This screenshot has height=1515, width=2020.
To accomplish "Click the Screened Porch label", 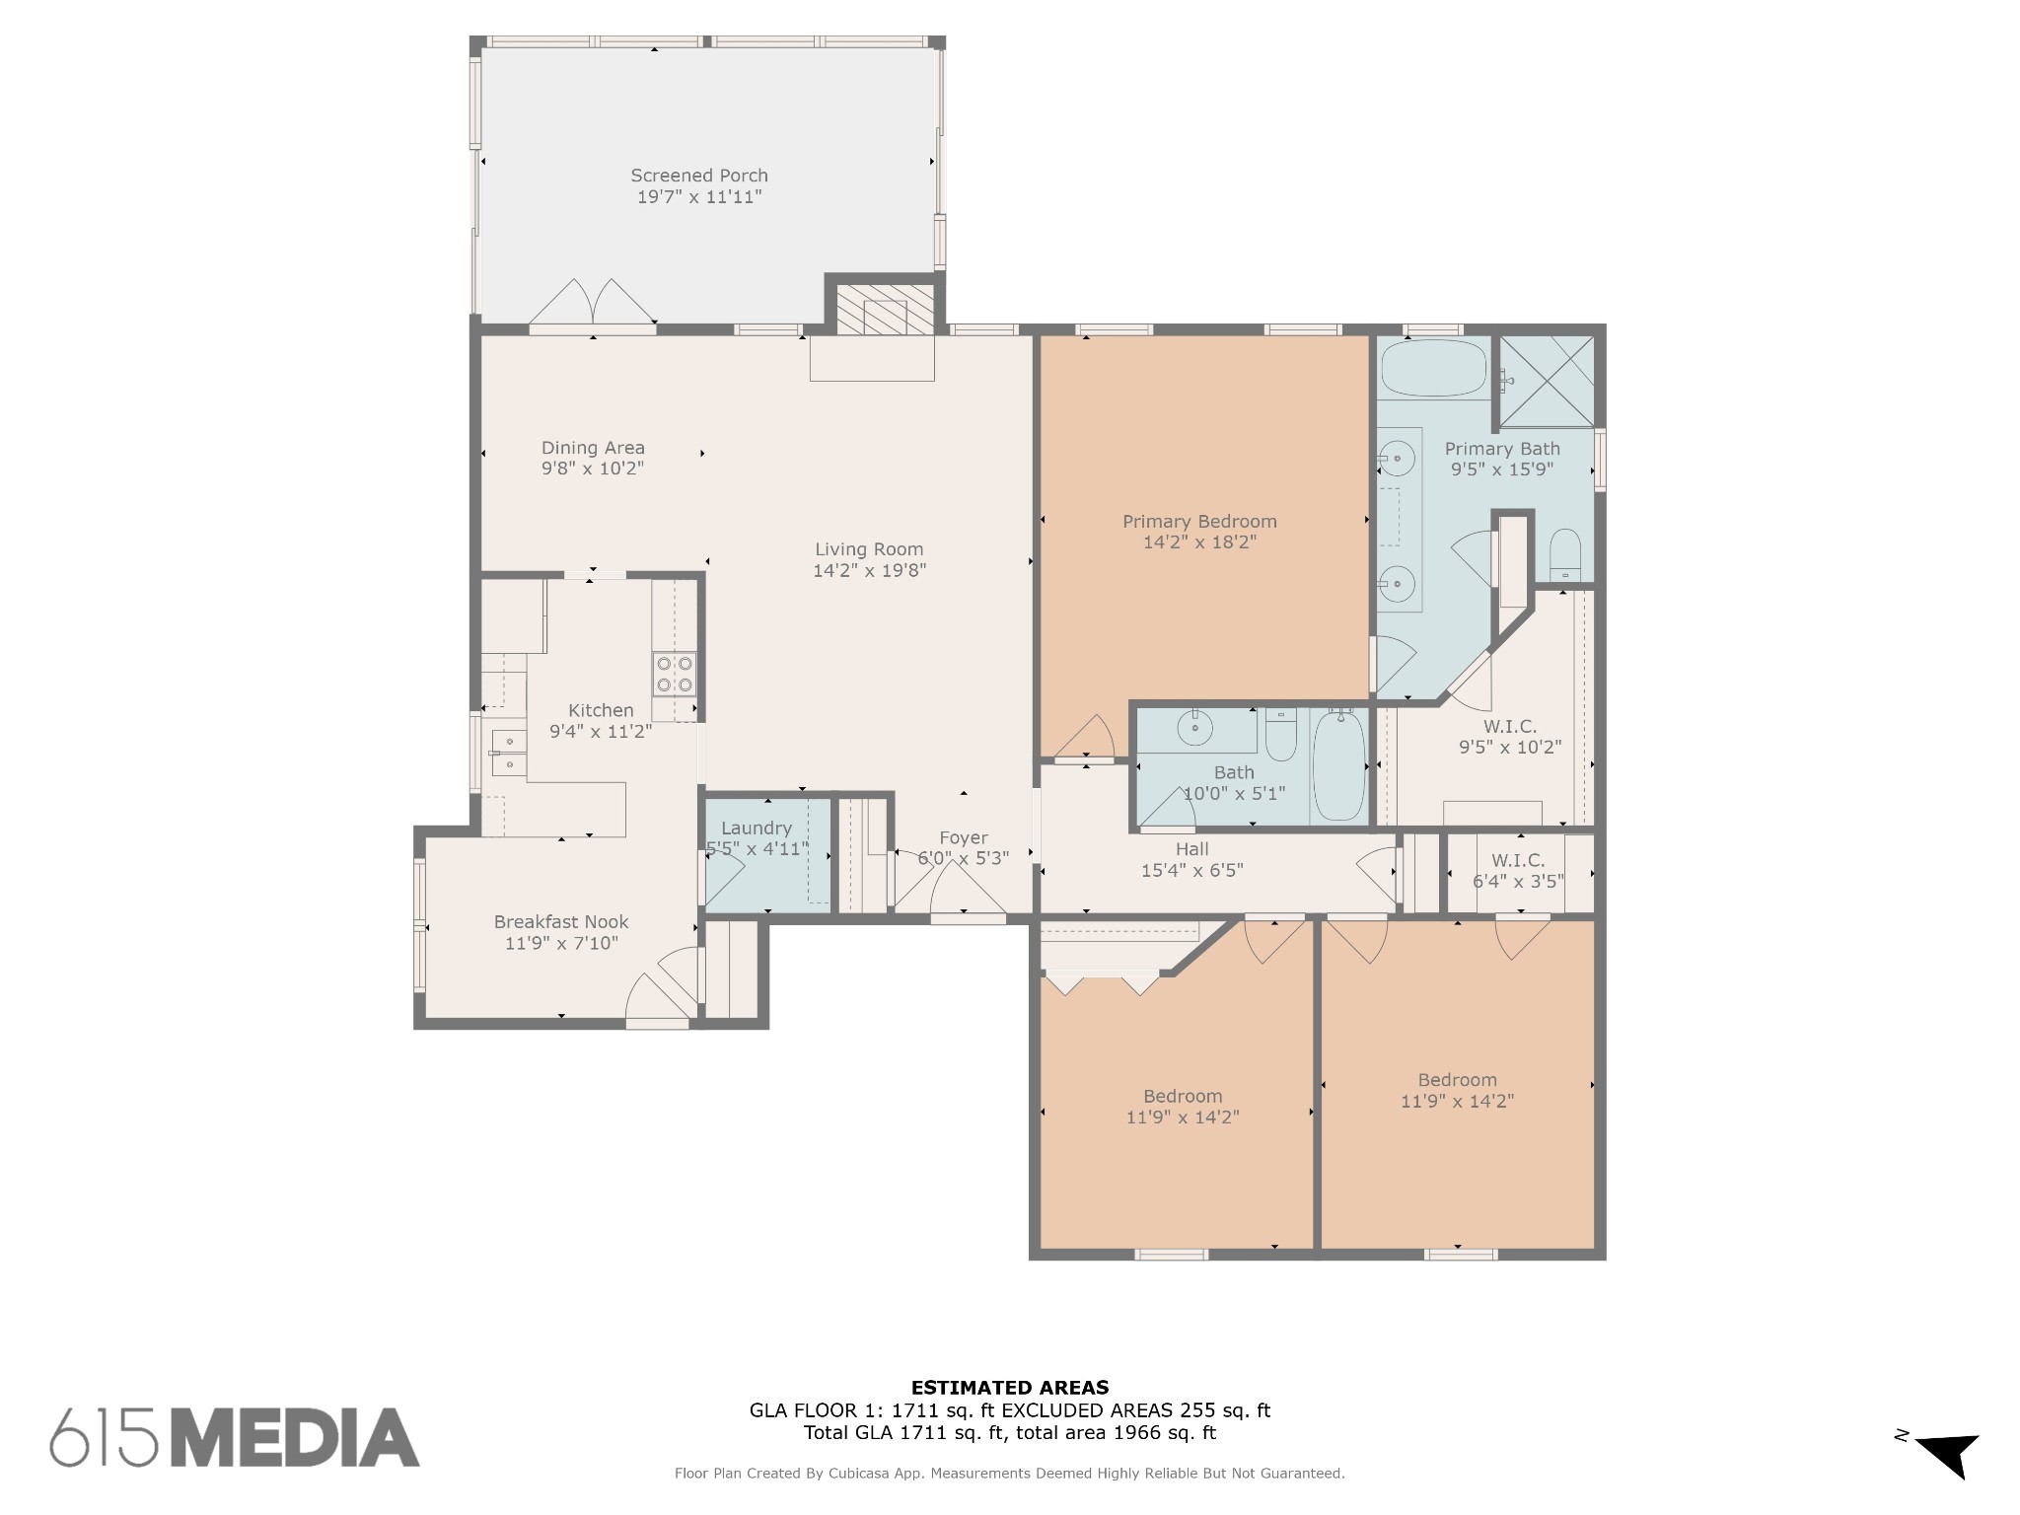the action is pos(699,176).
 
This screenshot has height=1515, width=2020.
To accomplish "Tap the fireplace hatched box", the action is pos(885,310).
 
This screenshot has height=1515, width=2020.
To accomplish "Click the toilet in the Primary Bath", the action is pos(1565,555).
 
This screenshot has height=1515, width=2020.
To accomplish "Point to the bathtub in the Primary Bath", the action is pos(1434,368).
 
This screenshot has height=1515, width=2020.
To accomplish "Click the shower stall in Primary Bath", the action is pos(1547,382).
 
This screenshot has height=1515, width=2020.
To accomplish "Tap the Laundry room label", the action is pos(756,829).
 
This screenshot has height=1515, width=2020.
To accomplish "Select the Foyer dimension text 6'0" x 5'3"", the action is pos(964,858).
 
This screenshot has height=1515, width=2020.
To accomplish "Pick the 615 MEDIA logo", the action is pos(235,1437).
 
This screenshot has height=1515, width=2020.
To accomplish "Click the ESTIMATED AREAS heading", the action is pos(1010,1388).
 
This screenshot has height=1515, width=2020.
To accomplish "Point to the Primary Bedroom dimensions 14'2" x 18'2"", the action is pos(1199,541).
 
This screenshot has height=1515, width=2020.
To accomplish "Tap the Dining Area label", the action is pos(593,448).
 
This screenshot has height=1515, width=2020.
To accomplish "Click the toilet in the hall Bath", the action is pos(1281,735).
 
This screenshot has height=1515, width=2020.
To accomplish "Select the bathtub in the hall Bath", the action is pos(1338,766).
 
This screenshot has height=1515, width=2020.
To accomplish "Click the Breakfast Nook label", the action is pos(561,922).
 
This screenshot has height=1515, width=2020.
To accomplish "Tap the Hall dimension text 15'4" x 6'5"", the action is pos(1191,870).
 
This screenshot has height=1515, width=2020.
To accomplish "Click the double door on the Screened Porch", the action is pos(593,302).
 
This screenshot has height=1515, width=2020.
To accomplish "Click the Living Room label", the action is pos(869,549).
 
